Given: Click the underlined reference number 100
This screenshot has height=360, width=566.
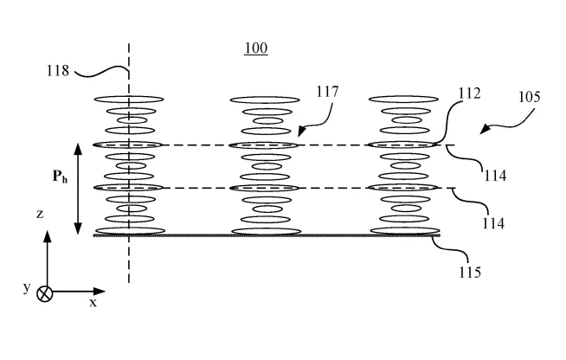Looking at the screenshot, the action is pos(256,48).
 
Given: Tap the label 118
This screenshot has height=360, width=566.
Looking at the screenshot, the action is pos(58,70).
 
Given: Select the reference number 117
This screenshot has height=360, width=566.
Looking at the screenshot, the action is pos(327,92).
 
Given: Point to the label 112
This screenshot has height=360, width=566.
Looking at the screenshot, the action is pos(470,93).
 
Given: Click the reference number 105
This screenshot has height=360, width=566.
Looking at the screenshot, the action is pos(530,97).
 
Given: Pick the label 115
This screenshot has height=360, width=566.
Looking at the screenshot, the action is pos(470,273).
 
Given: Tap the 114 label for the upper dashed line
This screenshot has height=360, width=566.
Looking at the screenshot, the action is pos(495,176).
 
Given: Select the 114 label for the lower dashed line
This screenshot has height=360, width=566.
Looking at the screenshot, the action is pos(493,223).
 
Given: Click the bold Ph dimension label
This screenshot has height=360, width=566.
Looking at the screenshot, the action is pos(60,177).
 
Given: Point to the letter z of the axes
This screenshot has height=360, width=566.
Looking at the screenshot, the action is pos(40,214).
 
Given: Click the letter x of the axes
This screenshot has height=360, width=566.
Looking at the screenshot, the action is pos(93,303).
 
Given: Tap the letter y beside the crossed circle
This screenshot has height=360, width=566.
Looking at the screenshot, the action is pos(27,288).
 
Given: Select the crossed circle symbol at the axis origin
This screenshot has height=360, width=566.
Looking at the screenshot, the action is pos(45,293).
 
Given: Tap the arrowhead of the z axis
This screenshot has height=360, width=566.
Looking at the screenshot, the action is pos(47,236).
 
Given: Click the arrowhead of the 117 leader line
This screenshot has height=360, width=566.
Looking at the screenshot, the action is pos(302,132).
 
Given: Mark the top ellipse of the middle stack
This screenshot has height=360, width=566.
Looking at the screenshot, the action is pos(265,100).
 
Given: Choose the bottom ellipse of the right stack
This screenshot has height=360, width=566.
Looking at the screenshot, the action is pos(405,231).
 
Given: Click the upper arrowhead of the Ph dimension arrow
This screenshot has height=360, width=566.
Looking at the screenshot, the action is pos(78,150).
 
